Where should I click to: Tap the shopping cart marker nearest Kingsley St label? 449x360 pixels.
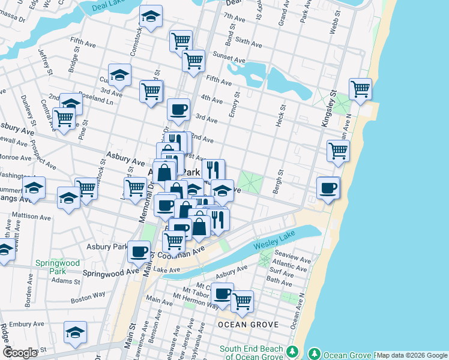tap(360, 89)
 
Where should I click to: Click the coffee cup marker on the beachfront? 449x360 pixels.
tap(328, 188)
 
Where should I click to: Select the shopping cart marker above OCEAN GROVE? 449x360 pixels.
tap(242, 301)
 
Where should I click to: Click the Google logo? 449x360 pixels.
tap(20, 353)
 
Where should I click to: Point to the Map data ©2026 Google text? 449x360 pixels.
tap(412, 355)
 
